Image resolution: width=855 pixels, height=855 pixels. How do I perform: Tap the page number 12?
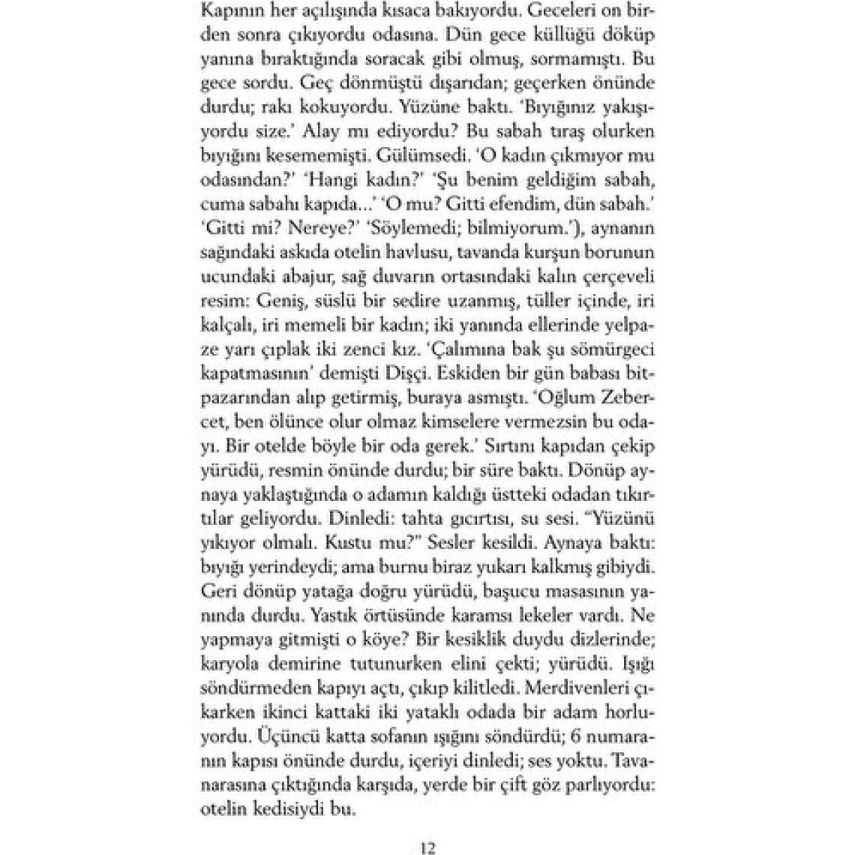427,849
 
